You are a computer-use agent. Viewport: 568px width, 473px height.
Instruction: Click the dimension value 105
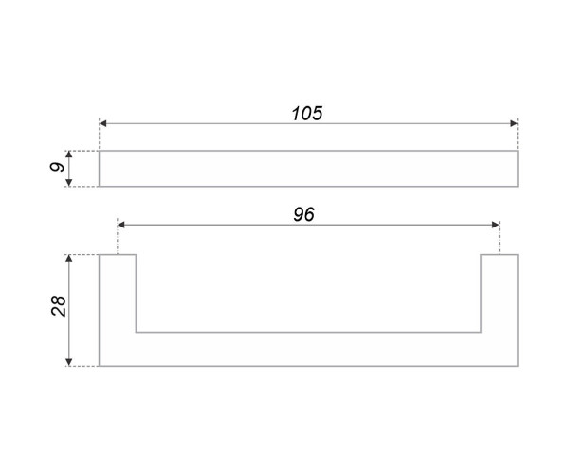pyautogui.click(x=307, y=114)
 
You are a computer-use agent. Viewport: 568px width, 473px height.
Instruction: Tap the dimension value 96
pyautogui.click(x=304, y=214)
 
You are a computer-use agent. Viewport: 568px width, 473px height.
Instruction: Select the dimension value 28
pyautogui.click(x=59, y=306)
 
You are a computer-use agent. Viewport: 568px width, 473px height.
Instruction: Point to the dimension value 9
pyautogui.click(x=57, y=167)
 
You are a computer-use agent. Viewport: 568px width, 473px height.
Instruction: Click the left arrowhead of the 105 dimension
pyautogui.click(x=102, y=123)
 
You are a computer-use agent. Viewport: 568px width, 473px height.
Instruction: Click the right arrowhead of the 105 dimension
pyautogui.click(x=514, y=123)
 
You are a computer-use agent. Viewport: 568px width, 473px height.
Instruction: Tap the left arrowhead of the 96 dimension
pyautogui.click(x=121, y=225)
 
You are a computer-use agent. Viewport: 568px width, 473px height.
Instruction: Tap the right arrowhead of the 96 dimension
pyautogui.click(x=496, y=225)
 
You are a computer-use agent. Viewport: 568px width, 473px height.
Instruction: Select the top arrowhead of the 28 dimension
pyautogui.click(x=69, y=258)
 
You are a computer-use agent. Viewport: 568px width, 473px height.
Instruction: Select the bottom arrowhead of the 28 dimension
pyautogui.click(x=69, y=362)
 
